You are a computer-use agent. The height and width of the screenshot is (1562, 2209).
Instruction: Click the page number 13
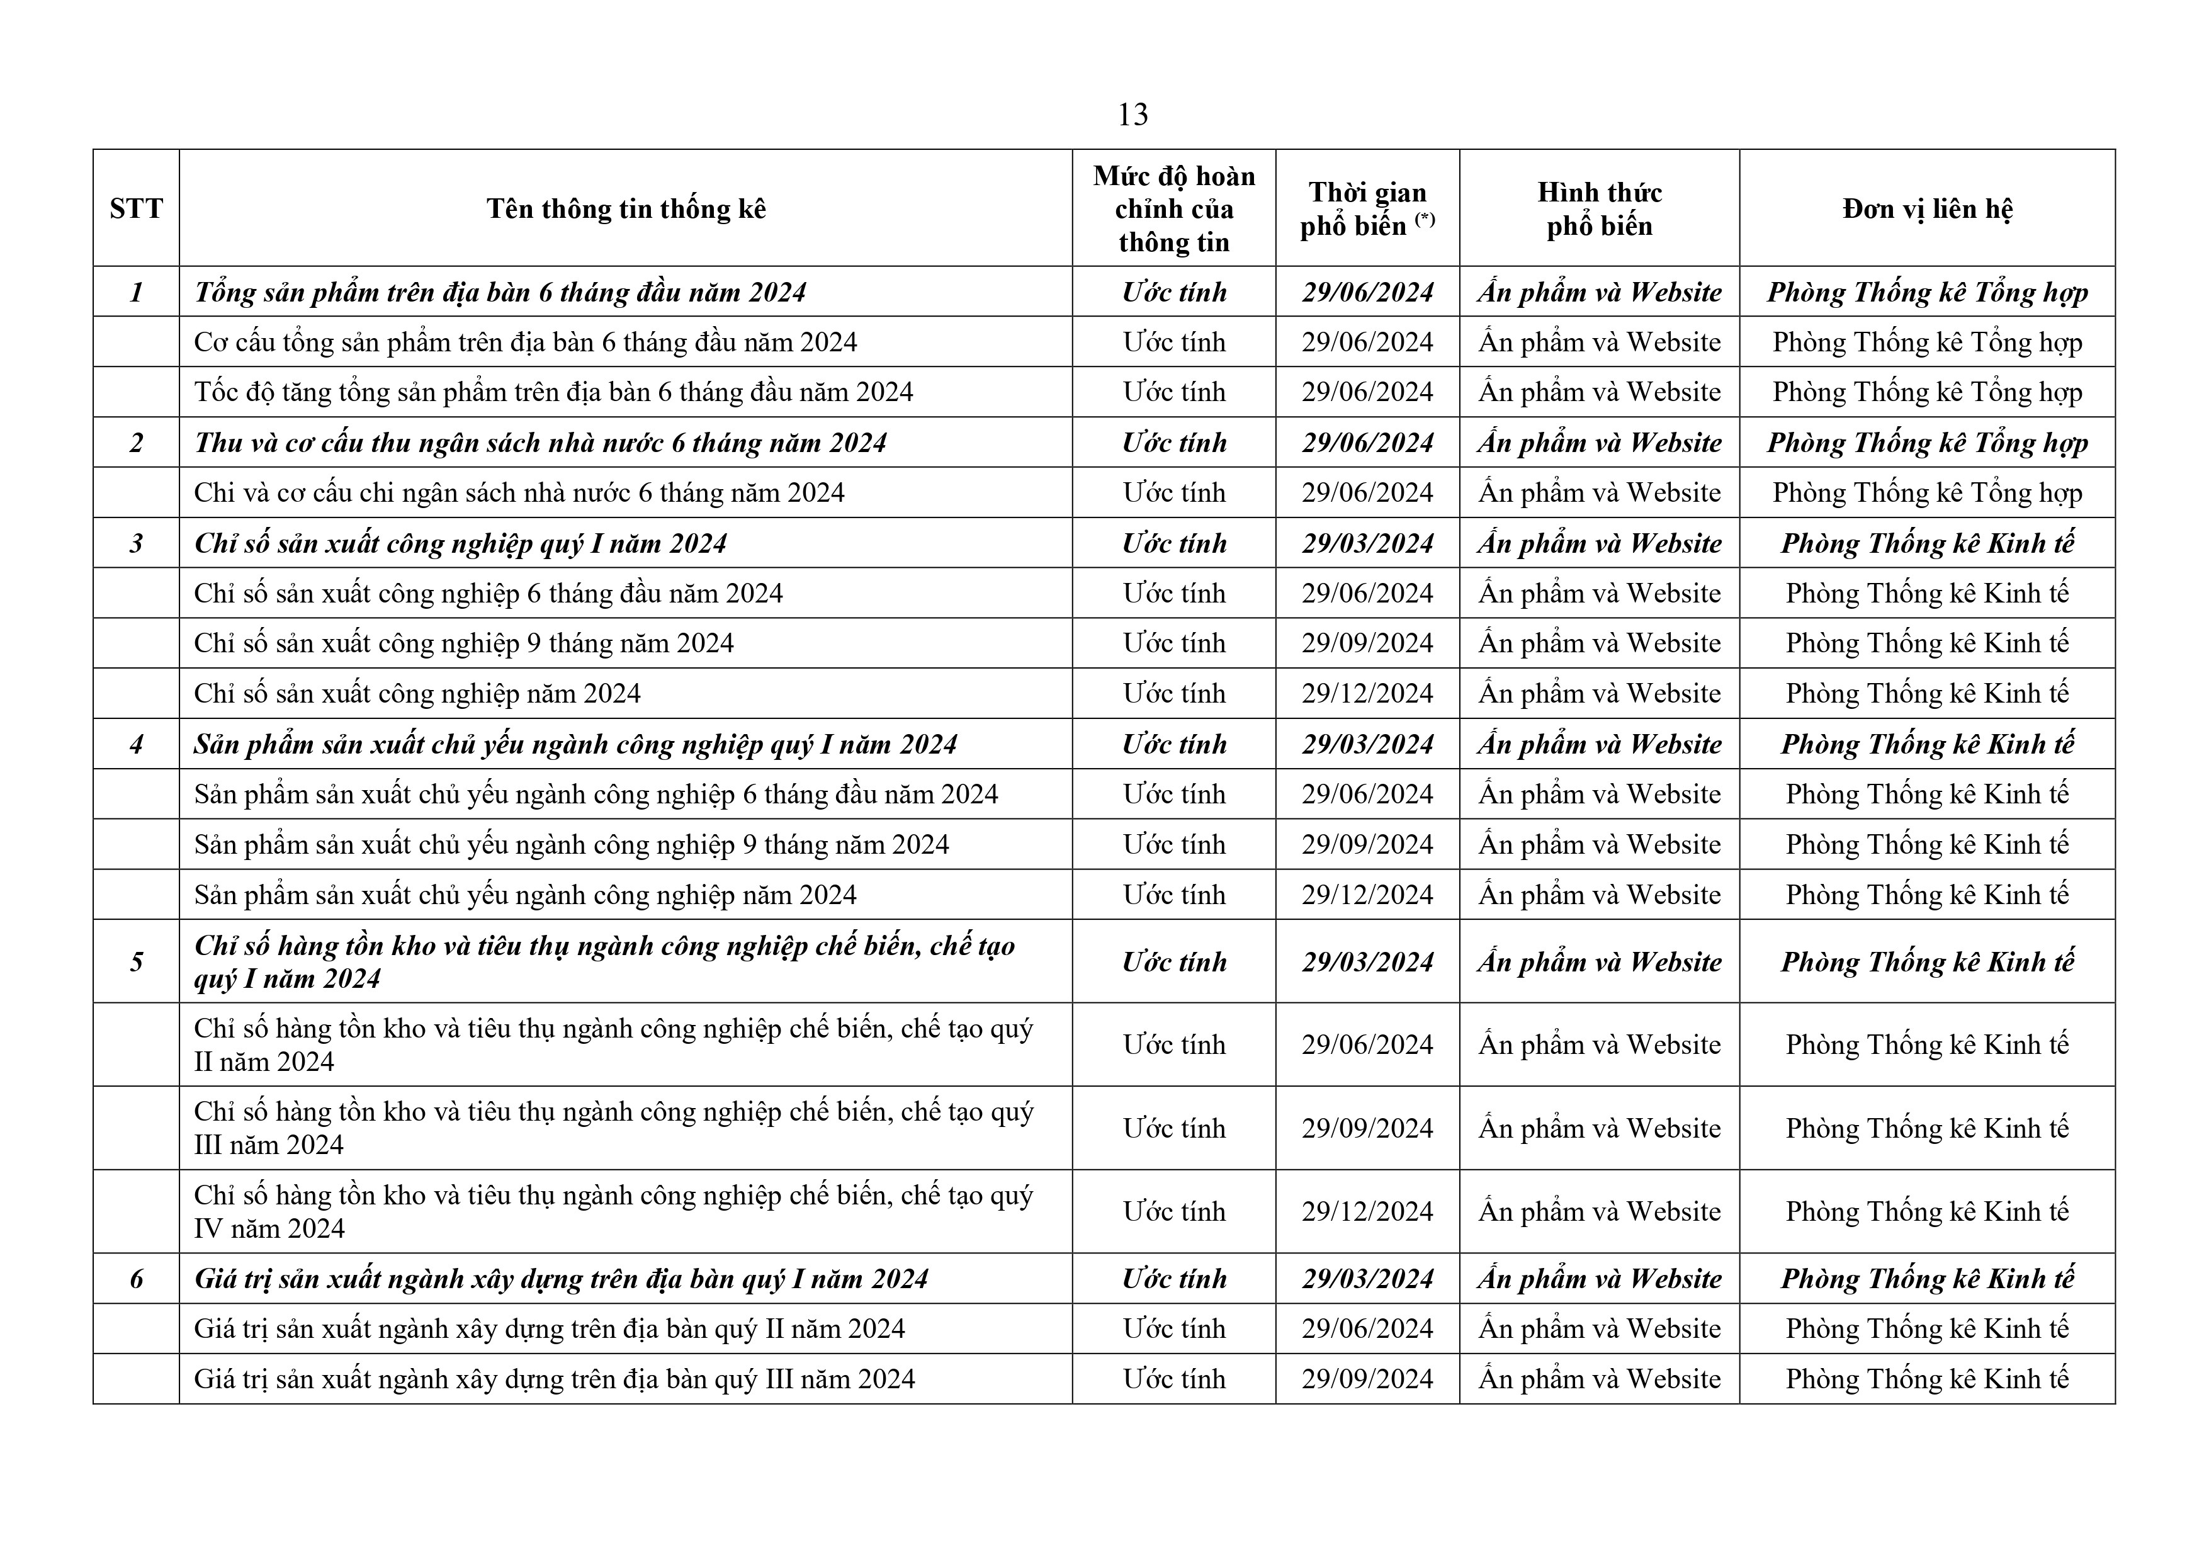tap(1133, 115)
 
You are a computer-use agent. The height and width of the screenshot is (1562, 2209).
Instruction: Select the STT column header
tap(135, 209)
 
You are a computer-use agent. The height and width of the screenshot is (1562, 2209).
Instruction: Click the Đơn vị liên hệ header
tap(1926, 209)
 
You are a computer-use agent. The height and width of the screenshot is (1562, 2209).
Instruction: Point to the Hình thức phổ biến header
tap(1599, 209)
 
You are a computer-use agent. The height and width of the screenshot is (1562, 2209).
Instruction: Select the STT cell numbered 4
tap(135, 744)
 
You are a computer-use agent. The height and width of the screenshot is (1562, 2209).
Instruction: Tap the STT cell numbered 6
tap(135, 1279)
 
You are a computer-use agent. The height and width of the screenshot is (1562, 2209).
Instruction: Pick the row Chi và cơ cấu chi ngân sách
tap(519, 493)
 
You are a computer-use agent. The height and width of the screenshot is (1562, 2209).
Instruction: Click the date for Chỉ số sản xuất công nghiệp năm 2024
tap(1367, 694)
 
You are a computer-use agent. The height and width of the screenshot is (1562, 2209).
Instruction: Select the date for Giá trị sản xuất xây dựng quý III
tap(1367, 1379)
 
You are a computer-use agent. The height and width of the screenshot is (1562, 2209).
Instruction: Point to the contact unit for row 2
tap(1926, 443)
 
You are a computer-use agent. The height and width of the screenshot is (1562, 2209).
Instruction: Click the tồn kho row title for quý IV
tap(613, 1212)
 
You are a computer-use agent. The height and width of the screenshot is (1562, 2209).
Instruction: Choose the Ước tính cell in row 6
tap(1174, 1279)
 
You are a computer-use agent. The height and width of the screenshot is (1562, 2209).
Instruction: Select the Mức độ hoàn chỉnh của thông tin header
tap(1174, 209)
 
